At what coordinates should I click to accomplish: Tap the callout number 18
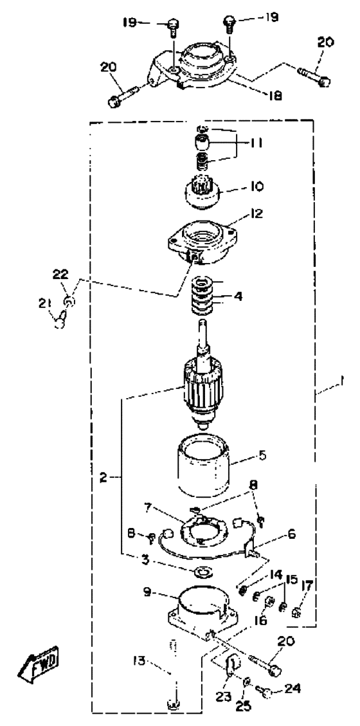(275, 95)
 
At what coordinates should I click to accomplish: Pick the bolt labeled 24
(267, 693)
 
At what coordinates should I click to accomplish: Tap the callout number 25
(244, 707)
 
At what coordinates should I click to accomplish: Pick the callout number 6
(291, 533)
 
